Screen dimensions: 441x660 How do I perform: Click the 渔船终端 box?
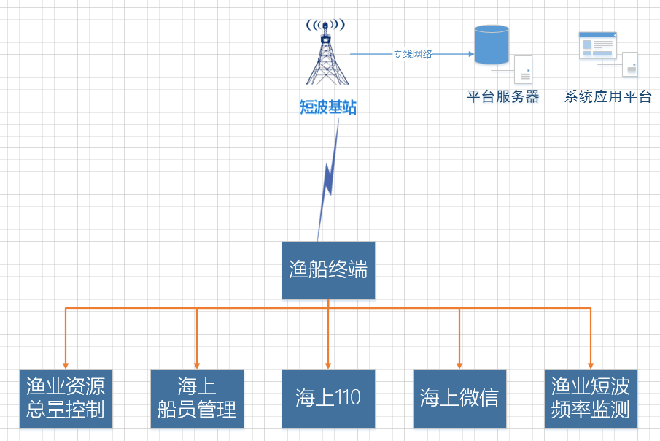(x=328, y=270)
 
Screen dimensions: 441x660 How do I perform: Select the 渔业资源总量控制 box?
(x=66, y=398)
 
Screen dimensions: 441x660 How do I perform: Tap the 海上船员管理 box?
(x=197, y=398)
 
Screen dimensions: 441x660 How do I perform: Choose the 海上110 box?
(x=328, y=398)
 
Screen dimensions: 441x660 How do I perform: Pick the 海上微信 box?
(x=459, y=398)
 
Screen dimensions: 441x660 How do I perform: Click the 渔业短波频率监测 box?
(x=591, y=398)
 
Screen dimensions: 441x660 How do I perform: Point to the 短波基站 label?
(x=328, y=108)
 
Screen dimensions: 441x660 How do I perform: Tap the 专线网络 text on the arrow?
(x=413, y=54)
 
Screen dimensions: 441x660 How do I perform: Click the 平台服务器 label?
(x=503, y=96)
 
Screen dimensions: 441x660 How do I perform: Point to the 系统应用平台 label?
(x=607, y=96)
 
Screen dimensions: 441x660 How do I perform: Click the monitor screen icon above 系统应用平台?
(x=597, y=45)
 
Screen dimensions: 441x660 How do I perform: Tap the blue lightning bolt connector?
(x=329, y=179)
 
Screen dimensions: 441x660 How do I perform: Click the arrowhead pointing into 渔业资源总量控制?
(x=66, y=364)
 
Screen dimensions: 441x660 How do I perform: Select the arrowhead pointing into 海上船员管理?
(x=197, y=364)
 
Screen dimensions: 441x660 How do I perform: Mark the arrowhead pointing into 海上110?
(x=328, y=364)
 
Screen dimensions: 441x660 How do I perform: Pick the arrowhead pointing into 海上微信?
(x=459, y=364)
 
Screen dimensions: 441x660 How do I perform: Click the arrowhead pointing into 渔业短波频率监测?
(x=591, y=364)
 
